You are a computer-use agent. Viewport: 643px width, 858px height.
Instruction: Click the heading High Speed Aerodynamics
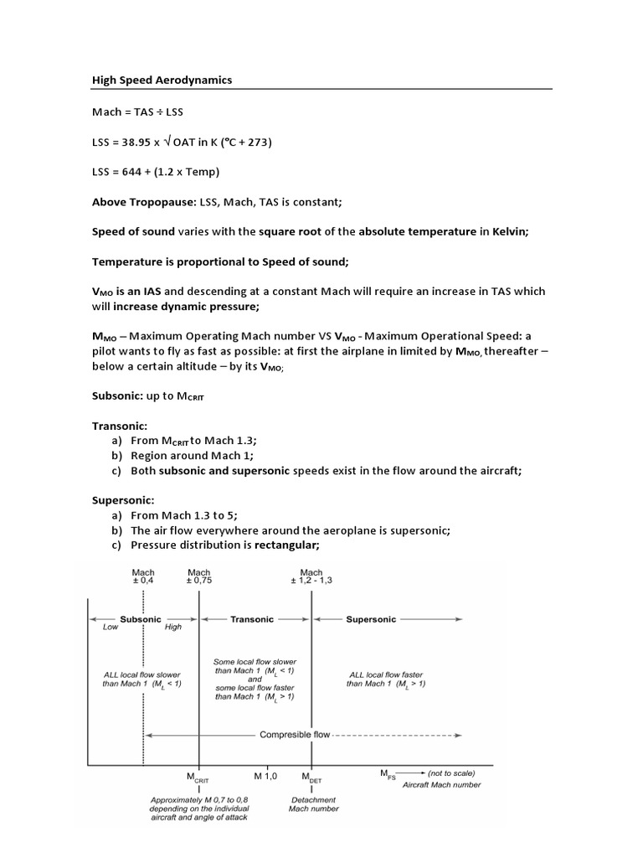(162, 80)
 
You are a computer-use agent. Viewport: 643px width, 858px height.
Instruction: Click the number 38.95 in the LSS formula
(137, 142)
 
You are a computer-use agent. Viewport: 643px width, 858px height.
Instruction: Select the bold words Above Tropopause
(137, 202)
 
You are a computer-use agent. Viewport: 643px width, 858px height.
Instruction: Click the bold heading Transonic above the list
(119, 426)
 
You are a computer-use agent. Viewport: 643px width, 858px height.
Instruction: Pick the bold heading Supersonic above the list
(122, 500)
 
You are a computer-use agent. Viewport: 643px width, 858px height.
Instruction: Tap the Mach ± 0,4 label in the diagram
(143, 577)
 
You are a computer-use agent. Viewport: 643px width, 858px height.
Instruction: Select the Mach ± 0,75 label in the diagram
(199, 577)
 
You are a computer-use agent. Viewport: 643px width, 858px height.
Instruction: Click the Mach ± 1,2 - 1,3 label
(311, 577)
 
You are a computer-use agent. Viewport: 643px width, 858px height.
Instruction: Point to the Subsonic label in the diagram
(141, 619)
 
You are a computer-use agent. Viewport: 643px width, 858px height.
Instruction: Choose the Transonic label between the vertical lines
(252, 619)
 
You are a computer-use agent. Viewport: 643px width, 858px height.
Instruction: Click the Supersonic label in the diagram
(371, 619)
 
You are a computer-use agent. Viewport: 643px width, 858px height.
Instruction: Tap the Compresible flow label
(295, 735)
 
